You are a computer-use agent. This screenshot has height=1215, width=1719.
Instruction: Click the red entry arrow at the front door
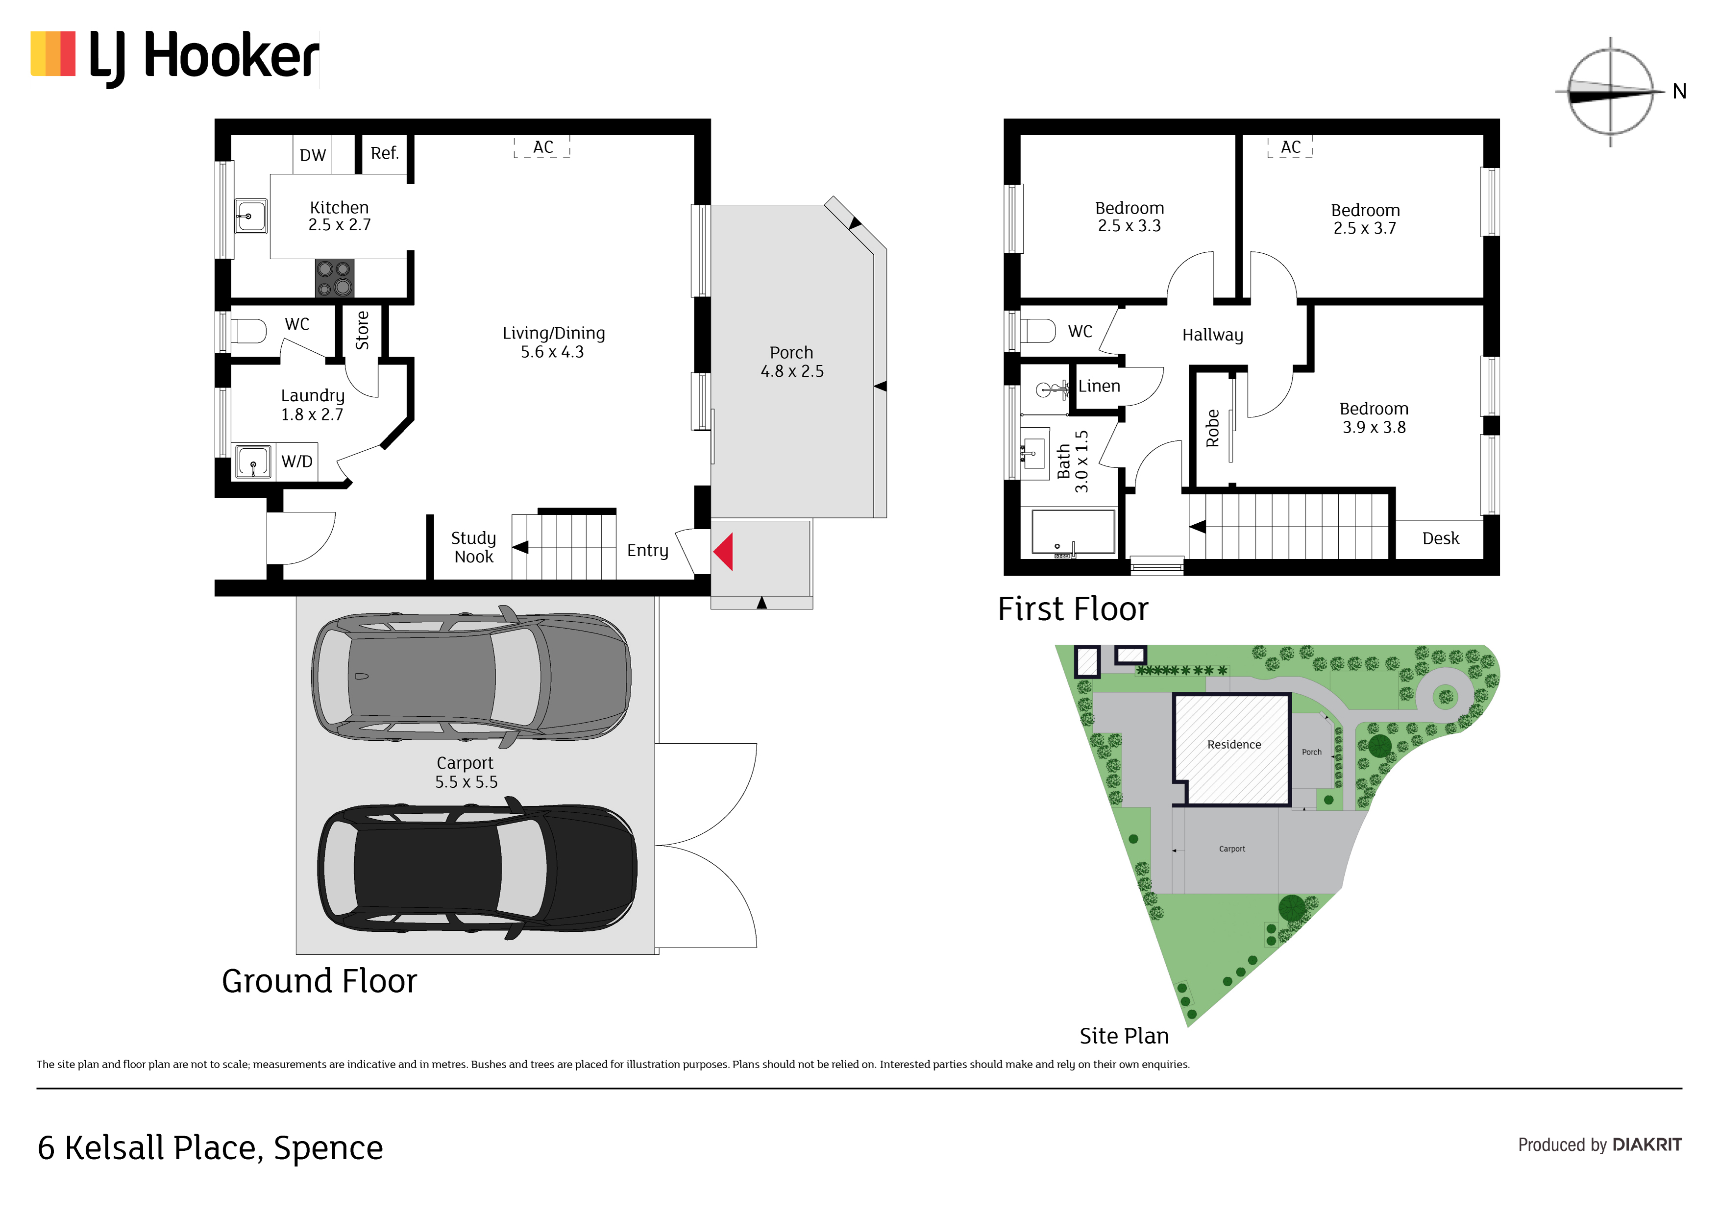pyautogui.click(x=723, y=552)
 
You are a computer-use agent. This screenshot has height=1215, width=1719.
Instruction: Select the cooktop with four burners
pyautogui.click(x=334, y=278)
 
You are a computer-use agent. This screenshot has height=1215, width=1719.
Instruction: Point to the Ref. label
pyautogui.click(x=385, y=153)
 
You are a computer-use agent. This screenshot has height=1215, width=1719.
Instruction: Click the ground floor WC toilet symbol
pyautogui.click(x=248, y=331)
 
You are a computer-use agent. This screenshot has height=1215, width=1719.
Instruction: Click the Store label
pyautogui.click(x=362, y=330)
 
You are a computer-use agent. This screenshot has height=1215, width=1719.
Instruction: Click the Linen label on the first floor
pyautogui.click(x=1099, y=386)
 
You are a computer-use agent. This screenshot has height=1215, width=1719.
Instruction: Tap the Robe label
pyautogui.click(x=1213, y=428)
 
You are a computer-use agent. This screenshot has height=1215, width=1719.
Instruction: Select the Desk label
pyautogui.click(x=1441, y=538)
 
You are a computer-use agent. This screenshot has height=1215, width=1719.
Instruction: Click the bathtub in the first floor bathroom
pyautogui.click(x=1073, y=532)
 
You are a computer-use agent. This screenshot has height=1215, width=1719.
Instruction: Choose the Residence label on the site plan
pyautogui.click(x=1234, y=745)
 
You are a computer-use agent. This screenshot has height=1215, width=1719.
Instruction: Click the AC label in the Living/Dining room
pyautogui.click(x=543, y=147)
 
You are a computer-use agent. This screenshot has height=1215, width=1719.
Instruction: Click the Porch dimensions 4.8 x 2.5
pyautogui.click(x=792, y=371)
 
